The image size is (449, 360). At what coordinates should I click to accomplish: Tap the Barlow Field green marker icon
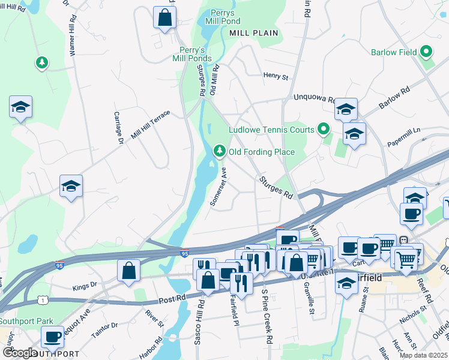(427, 52)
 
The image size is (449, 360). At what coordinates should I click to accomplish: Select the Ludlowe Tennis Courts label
(271, 130)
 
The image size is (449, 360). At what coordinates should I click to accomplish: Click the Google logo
(20, 353)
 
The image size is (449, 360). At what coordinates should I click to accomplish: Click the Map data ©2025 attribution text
(424, 355)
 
